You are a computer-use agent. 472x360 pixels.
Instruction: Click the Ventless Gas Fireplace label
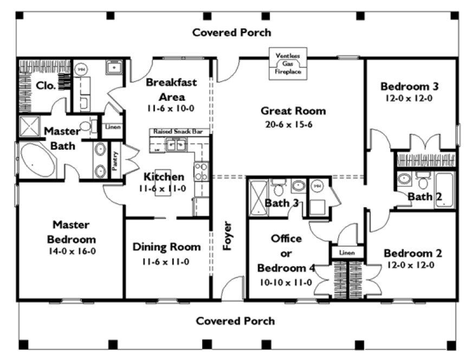click(x=288, y=63)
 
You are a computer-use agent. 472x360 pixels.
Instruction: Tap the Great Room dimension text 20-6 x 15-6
click(x=293, y=124)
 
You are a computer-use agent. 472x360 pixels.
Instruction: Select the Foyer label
click(x=227, y=236)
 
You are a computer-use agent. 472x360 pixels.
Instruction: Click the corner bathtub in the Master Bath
click(x=37, y=160)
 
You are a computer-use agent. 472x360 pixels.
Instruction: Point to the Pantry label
click(x=115, y=161)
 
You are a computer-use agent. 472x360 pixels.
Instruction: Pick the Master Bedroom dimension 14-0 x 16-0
click(x=74, y=252)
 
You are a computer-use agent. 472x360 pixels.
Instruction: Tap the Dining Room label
click(x=166, y=247)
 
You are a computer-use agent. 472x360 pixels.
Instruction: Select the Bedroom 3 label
click(x=409, y=86)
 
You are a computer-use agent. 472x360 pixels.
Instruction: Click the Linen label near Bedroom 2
click(x=346, y=253)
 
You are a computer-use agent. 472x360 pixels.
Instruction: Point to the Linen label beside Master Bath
click(x=113, y=127)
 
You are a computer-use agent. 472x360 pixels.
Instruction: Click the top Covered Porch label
click(x=232, y=33)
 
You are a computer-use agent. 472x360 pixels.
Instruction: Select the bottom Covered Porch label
click(x=235, y=321)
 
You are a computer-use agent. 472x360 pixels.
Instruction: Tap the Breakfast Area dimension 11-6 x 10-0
click(x=171, y=108)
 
